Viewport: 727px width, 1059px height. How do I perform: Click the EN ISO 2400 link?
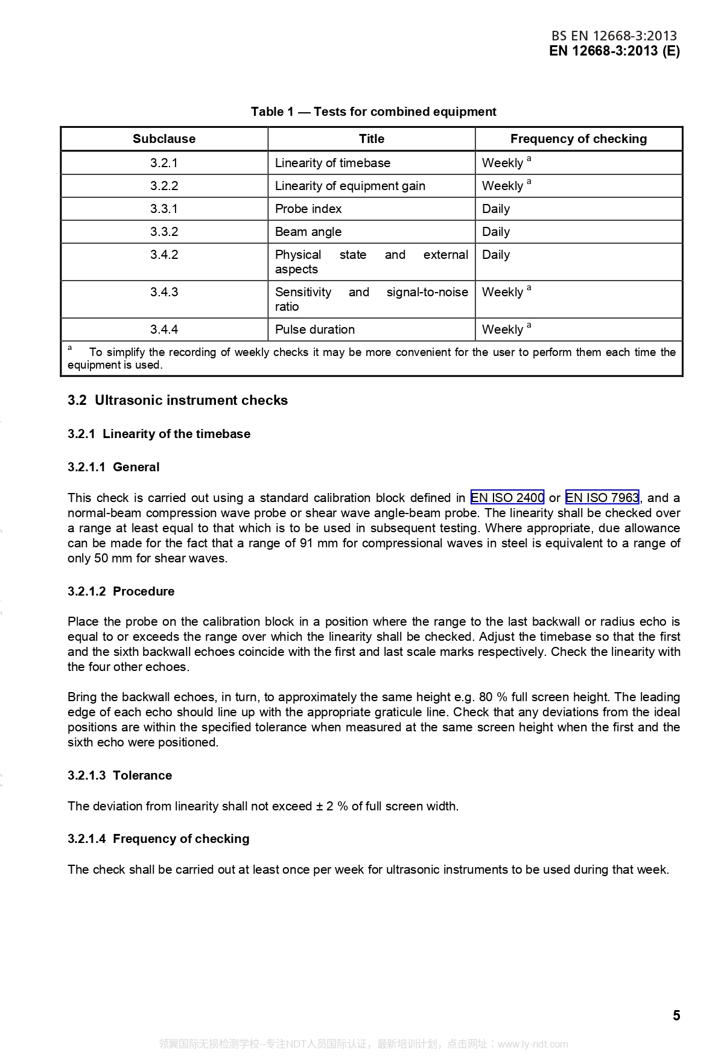[507, 498]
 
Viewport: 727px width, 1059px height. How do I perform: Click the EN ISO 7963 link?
[602, 498]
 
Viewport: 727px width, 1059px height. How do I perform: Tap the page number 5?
[676, 1016]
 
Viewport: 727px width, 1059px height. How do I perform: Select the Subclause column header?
[164, 139]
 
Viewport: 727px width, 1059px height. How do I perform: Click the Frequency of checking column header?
[578, 139]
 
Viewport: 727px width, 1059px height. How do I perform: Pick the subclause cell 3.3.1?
[164, 209]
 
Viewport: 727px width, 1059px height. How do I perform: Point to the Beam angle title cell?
[308, 232]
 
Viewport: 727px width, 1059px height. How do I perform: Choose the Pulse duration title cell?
[315, 329]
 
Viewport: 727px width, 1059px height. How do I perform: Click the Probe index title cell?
[308, 209]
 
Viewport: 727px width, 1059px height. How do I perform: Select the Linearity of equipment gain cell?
[350, 186]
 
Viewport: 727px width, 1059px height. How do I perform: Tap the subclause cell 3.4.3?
[164, 292]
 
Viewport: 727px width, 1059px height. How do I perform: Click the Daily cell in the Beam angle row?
[496, 232]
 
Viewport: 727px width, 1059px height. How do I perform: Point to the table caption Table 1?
[373, 112]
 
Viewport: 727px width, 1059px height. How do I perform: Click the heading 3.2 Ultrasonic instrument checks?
[177, 400]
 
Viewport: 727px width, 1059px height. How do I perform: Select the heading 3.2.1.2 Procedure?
[121, 591]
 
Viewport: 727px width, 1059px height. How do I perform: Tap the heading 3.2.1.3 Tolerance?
[119, 775]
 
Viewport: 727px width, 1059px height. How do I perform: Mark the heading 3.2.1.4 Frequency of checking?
[158, 839]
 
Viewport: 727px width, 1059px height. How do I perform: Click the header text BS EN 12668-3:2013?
[614, 36]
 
